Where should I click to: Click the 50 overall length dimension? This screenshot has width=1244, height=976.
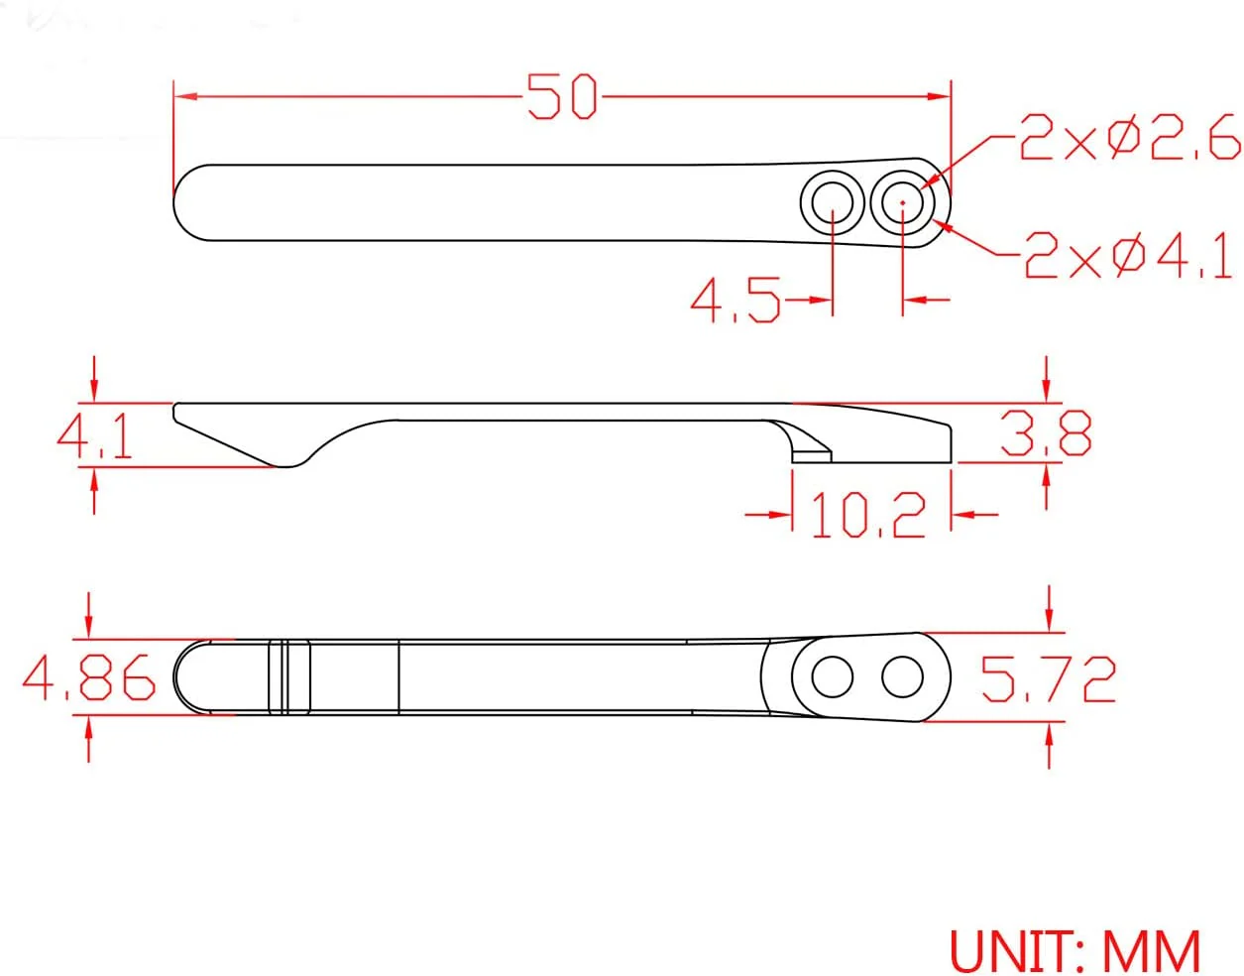tap(561, 97)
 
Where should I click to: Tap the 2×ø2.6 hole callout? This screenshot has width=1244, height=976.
tap(1129, 138)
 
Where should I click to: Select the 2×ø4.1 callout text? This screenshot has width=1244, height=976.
tap(1129, 257)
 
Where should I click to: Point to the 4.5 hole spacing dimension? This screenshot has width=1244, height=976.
tap(735, 300)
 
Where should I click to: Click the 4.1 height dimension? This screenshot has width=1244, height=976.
tap(94, 435)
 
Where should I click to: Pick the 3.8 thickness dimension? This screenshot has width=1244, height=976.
tap(1046, 432)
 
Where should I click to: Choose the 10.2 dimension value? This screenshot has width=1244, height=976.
tap(868, 515)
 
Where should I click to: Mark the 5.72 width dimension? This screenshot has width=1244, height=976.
tap(1048, 678)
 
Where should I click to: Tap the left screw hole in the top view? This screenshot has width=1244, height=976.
tap(833, 203)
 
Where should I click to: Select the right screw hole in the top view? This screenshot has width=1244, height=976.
tap(903, 203)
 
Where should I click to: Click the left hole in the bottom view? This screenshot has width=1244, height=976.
tap(833, 678)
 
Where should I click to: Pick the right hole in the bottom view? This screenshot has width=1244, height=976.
tap(902, 678)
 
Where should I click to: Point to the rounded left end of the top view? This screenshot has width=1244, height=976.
tap(188, 202)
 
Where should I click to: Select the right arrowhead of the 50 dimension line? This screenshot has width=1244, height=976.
tap(943, 96)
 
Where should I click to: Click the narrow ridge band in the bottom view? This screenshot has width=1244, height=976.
tap(289, 677)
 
